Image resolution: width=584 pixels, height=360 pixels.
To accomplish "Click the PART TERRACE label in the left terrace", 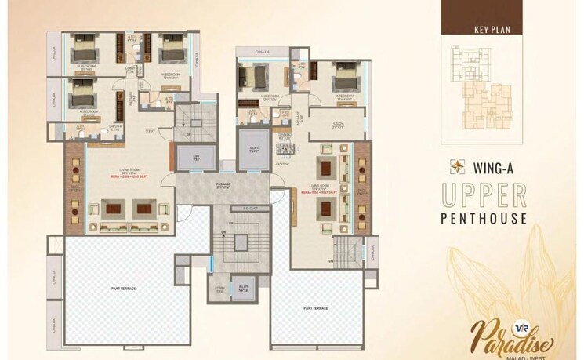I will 123,288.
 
